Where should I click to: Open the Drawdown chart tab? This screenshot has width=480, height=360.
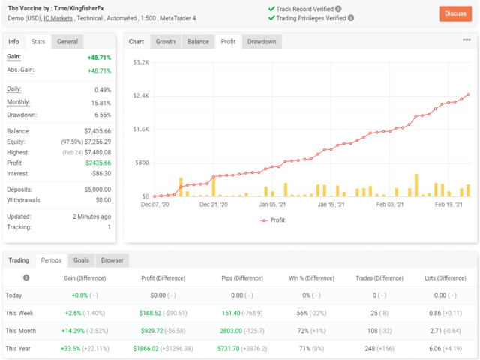coord(262,42)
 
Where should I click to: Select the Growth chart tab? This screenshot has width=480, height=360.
coord(165,42)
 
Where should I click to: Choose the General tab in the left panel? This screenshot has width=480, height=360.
coord(67,42)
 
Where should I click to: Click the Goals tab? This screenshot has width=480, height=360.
coord(81,260)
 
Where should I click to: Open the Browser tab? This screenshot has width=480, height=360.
coord(112,260)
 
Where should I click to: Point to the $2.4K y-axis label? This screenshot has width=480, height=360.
coord(141,95)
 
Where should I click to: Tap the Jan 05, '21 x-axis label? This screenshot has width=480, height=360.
coord(272,204)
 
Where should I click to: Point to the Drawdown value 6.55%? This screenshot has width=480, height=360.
coord(103,115)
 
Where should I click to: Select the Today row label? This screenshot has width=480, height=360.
coord(14,295)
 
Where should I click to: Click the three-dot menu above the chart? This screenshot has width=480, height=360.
coord(466,40)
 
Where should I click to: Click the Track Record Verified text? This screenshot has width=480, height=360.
coord(309,9)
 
